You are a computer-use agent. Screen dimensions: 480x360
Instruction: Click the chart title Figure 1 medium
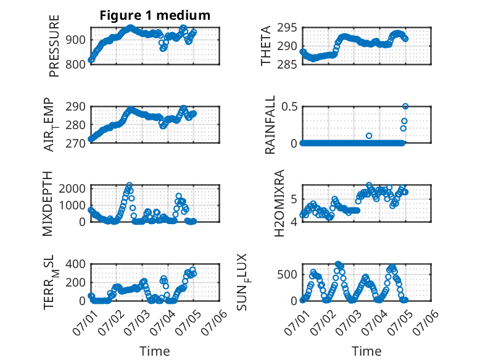click(155, 15)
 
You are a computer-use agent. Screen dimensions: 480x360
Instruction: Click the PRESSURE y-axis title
click(54, 46)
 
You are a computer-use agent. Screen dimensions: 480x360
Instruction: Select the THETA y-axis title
click(266, 46)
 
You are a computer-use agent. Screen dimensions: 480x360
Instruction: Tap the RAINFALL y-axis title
click(270, 125)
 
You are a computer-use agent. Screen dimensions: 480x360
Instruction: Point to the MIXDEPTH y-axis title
click(48, 203)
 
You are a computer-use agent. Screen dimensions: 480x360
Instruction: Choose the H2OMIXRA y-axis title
click(279, 203)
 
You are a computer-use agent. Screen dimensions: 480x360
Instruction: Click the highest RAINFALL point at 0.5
click(405, 106)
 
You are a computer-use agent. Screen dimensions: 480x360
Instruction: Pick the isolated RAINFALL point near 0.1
click(369, 136)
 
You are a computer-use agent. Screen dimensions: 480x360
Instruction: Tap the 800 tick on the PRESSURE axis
click(75, 64)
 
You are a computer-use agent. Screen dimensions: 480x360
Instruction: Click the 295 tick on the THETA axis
click(287, 28)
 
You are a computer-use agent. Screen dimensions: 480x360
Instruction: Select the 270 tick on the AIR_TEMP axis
click(75, 143)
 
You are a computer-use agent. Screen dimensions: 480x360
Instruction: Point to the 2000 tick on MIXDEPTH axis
click(72, 188)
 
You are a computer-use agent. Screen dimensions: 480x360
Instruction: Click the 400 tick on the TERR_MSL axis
click(75, 264)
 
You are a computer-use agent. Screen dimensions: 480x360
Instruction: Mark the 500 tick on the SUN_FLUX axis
click(287, 275)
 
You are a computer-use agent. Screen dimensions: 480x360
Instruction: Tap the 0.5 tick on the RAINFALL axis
click(289, 107)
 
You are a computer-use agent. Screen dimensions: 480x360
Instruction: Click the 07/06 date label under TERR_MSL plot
click(214, 322)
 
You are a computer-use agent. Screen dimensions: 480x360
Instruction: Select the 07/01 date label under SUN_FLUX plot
click(297, 322)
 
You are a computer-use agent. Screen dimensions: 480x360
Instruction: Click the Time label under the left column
click(155, 351)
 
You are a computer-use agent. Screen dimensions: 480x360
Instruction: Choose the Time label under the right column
click(366, 351)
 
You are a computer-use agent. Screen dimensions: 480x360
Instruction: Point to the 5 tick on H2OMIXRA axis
click(294, 199)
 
